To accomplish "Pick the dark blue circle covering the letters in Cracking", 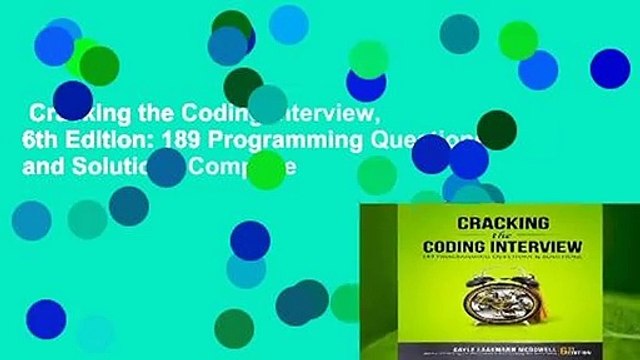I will (x=72, y=100).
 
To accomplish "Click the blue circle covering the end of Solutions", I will (x=166, y=167).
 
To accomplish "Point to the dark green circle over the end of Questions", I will (x=496, y=130).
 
